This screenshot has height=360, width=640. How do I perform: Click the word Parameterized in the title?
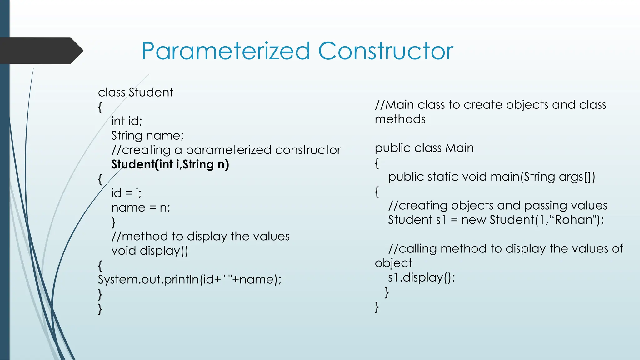(226, 51)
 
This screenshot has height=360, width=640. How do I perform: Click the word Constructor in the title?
(386, 51)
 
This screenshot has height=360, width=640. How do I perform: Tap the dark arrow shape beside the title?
(41, 51)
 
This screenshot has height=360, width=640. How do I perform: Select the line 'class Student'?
(135, 92)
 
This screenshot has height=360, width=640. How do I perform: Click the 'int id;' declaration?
(127, 121)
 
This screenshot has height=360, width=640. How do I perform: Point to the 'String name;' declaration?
(147, 136)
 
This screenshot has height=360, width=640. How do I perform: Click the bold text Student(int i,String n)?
(170, 164)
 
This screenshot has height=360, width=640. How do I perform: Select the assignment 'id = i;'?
(126, 193)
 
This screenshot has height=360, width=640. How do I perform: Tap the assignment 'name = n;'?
(141, 207)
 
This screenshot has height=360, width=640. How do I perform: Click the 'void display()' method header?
(150, 251)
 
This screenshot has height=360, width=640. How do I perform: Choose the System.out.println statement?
(189, 279)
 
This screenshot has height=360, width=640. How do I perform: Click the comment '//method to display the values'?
(200, 236)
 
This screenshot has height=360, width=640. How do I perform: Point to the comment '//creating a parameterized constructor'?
(226, 150)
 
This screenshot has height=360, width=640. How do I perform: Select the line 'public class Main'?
(424, 148)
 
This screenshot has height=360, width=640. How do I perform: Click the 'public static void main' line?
(491, 177)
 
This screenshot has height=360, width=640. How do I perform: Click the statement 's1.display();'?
(422, 277)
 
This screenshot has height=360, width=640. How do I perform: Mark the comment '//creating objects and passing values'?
(497, 206)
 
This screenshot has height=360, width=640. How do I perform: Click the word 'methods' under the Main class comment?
(400, 119)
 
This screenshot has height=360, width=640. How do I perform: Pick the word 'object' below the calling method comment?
(393, 263)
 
